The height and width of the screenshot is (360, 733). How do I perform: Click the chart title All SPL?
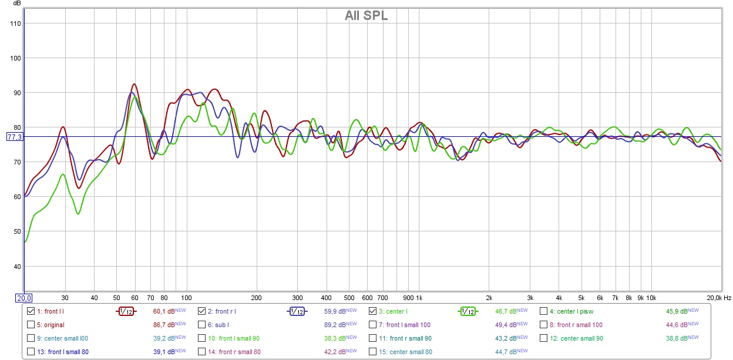[366, 16]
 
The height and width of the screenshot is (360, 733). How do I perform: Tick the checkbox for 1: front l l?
[31, 311]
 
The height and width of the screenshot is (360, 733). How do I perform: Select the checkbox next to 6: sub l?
[202, 325]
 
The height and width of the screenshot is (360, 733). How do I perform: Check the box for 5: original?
[31, 325]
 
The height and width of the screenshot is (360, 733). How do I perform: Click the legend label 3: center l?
[394, 311]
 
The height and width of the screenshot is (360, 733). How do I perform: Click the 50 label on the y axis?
[16, 231]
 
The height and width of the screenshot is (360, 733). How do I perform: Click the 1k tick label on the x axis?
[419, 298]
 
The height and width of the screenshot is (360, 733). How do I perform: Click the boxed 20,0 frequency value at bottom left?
[23, 298]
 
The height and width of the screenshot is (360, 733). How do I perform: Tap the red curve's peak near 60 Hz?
[134, 84]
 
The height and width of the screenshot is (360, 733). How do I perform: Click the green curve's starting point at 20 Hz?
[25, 241]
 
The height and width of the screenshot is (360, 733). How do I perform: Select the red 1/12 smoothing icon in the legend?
[125, 311]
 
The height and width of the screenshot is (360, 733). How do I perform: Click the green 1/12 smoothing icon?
[467, 311]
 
